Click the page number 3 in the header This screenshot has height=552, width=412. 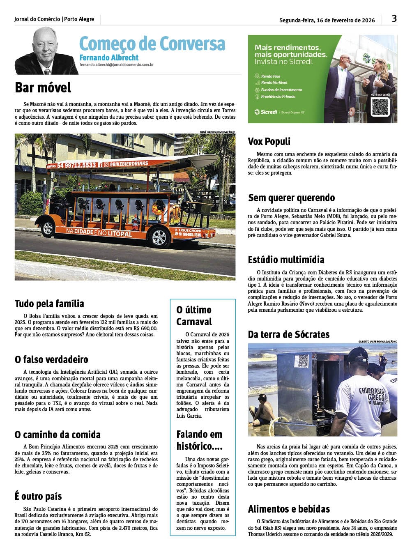[394, 18]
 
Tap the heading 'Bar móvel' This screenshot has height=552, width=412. [43, 87]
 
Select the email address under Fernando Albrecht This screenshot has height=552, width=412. [117, 64]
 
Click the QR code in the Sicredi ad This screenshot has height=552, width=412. [380, 107]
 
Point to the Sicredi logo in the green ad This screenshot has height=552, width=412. [266, 112]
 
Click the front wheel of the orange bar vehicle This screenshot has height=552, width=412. [159, 237]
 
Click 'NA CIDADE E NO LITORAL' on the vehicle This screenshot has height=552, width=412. [99, 233]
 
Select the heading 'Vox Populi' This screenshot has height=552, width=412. [269, 141]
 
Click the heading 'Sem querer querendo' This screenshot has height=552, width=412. [291, 198]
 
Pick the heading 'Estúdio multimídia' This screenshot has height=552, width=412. [286, 260]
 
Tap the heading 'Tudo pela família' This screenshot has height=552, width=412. [49, 304]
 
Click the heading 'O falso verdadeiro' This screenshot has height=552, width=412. [51, 359]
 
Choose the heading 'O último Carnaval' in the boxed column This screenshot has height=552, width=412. [194, 315]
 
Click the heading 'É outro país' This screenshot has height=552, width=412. [38, 496]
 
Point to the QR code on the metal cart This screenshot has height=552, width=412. [303, 361]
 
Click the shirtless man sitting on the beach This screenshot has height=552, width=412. [263, 411]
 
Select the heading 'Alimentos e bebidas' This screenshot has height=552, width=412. [289, 509]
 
